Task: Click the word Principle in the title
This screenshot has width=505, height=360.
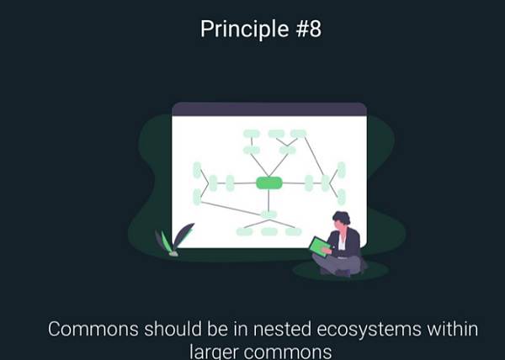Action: [244, 29]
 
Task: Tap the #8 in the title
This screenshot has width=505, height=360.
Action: [309, 29]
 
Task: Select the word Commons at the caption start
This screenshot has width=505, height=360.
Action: [93, 330]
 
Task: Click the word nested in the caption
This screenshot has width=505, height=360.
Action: [282, 330]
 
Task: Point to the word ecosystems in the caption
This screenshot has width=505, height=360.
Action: [369, 331]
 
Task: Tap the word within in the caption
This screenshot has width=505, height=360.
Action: [453, 329]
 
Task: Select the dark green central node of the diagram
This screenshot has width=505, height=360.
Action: [269, 183]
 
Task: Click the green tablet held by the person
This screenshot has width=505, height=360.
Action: [320, 246]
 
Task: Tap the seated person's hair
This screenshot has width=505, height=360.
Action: [342, 217]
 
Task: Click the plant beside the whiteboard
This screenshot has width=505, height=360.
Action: [174, 240]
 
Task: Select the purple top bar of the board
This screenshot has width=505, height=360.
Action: [269, 109]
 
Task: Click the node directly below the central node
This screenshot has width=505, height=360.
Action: [268, 214]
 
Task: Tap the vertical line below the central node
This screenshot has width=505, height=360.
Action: [268, 200]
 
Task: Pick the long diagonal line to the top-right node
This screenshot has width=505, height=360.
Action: [314, 156]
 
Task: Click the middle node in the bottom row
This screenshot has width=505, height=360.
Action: [269, 231]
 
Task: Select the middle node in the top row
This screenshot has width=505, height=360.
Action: [276, 134]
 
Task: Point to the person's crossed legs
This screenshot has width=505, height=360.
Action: [338, 266]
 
